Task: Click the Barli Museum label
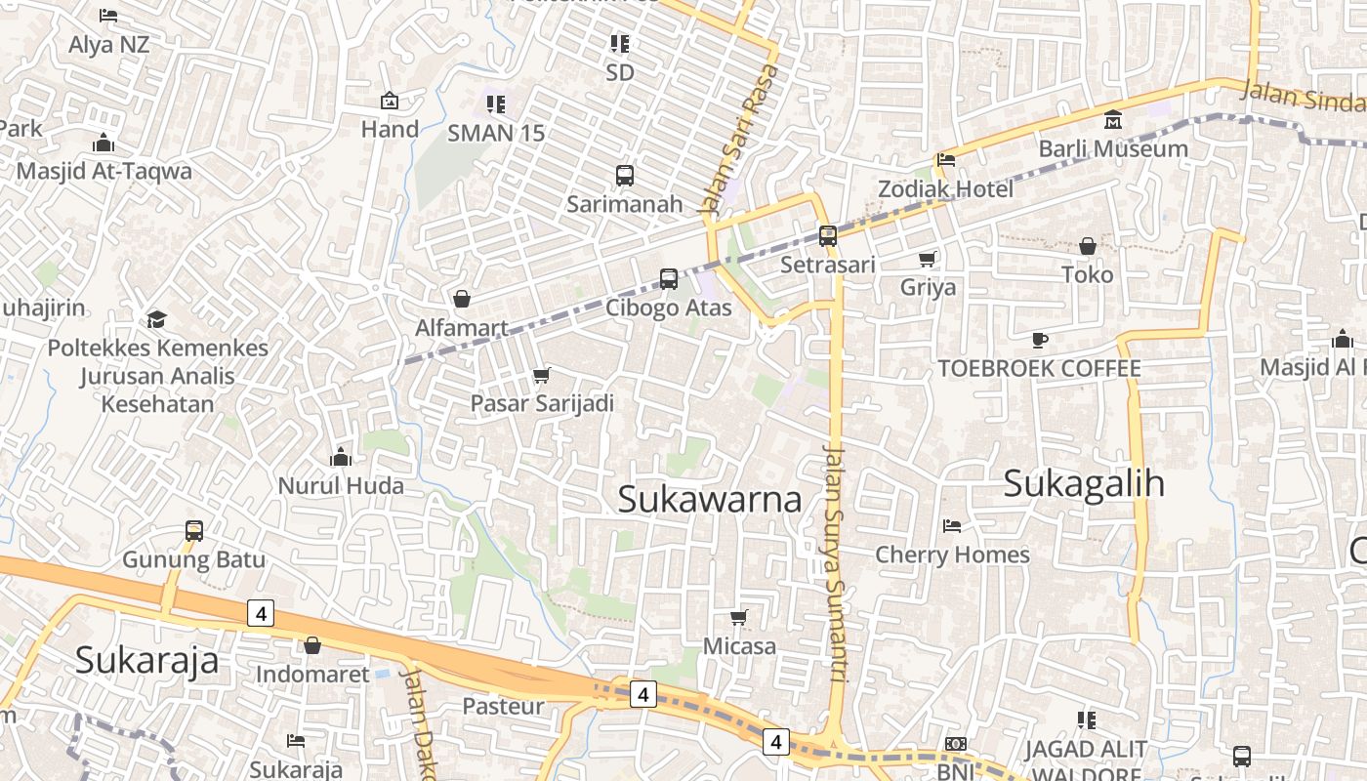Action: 1113,148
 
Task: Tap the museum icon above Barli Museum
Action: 1113,121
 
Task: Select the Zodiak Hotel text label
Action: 945,188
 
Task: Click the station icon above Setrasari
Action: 827,235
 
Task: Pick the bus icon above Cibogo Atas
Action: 669,279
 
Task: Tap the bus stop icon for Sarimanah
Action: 625,176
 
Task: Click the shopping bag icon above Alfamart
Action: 461,299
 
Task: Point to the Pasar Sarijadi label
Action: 542,403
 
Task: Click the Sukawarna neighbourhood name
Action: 710,499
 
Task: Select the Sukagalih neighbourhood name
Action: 1084,483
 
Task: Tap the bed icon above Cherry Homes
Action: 952,526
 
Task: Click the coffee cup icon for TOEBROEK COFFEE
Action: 1040,340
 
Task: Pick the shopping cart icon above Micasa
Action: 739,617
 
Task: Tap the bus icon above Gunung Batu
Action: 194,531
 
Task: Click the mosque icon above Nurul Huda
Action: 340,457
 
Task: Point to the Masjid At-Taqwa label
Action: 104,171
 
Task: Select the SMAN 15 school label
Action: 496,133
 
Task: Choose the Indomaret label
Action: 312,674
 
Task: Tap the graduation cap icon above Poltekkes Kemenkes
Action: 156,320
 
